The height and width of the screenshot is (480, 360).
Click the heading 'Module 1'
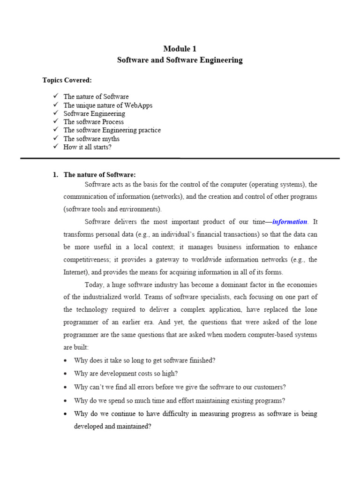click(180, 49)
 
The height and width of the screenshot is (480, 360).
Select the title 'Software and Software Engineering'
click(180, 60)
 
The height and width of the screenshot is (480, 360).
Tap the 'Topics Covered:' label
click(67, 80)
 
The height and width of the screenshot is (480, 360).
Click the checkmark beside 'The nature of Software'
click(55, 97)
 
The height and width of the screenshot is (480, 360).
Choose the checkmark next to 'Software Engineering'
click(55, 113)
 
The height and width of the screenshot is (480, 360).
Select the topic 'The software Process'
click(94, 122)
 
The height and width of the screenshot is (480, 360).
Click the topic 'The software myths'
click(91, 139)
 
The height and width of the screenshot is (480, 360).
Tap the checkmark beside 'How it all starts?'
click(55, 147)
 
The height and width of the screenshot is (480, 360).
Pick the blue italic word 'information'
click(290, 222)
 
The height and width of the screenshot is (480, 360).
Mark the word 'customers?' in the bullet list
click(269, 387)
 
